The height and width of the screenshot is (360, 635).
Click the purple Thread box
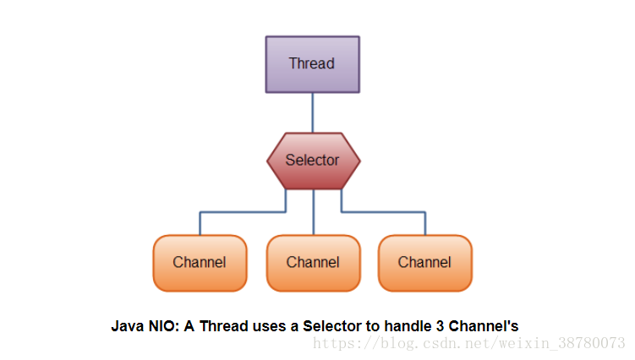[x=313, y=64]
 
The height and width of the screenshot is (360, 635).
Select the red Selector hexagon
[x=314, y=161]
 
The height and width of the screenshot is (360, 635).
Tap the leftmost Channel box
[x=200, y=263]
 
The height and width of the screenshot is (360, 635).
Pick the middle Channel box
[x=314, y=263]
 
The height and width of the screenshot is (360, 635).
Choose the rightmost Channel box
[x=425, y=263]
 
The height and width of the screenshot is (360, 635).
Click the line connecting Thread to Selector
[x=313, y=113]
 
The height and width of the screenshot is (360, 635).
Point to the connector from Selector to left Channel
[x=243, y=212]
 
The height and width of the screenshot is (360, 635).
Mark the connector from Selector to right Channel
[x=383, y=212]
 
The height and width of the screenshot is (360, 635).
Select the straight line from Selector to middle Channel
[x=314, y=212]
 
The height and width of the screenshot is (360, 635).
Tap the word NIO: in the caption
[x=164, y=326]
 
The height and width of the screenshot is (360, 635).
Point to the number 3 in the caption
[x=441, y=326]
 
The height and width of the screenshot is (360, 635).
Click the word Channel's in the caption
[x=484, y=326]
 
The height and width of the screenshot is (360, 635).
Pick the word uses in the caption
[x=270, y=326]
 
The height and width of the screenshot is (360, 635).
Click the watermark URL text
[x=469, y=343]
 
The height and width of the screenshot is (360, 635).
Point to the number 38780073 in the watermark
[x=592, y=343]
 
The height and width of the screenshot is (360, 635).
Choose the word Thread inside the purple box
[x=312, y=63]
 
